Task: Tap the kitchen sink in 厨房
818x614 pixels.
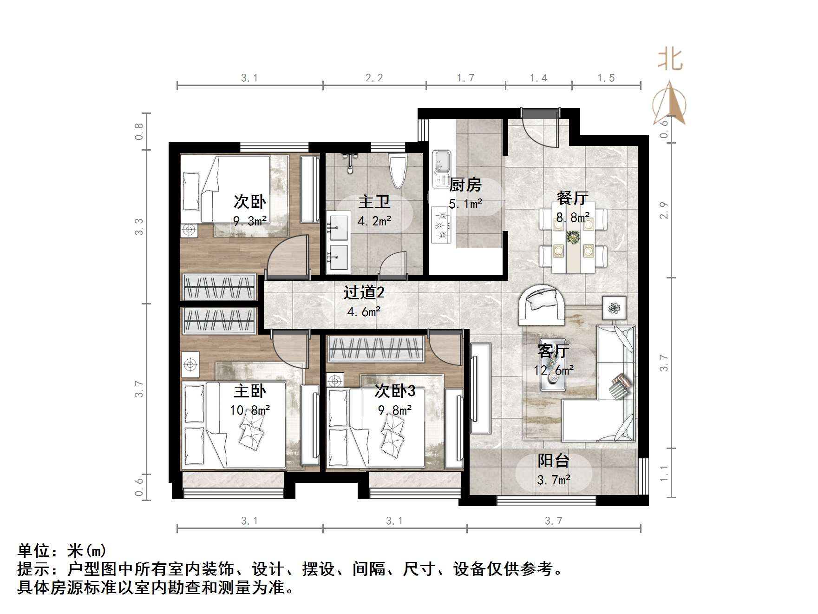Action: pyautogui.click(x=441, y=162)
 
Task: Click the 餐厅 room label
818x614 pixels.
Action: pyautogui.click(x=572, y=198)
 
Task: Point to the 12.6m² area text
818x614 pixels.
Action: pyautogui.click(x=553, y=370)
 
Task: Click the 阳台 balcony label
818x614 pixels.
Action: pyautogui.click(x=553, y=461)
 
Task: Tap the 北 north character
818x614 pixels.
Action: pyautogui.click(x=670, y=60)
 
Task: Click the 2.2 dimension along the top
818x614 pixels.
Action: pyautogui.click(x=374, y=78)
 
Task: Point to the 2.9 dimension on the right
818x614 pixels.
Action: pyautogui.click(x=664, y=211)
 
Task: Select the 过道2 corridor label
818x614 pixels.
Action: pyautogui.click(x=364, y=292)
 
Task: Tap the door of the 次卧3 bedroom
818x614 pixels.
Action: pyautogui.click(x=445, y=349)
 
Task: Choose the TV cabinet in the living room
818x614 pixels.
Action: pyautogui.click(x=480, y=388)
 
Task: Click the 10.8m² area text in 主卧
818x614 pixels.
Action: pyautogui.click(x=250, y=410)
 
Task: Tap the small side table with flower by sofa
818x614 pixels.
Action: pyautogui.click(x=615, y=307)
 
